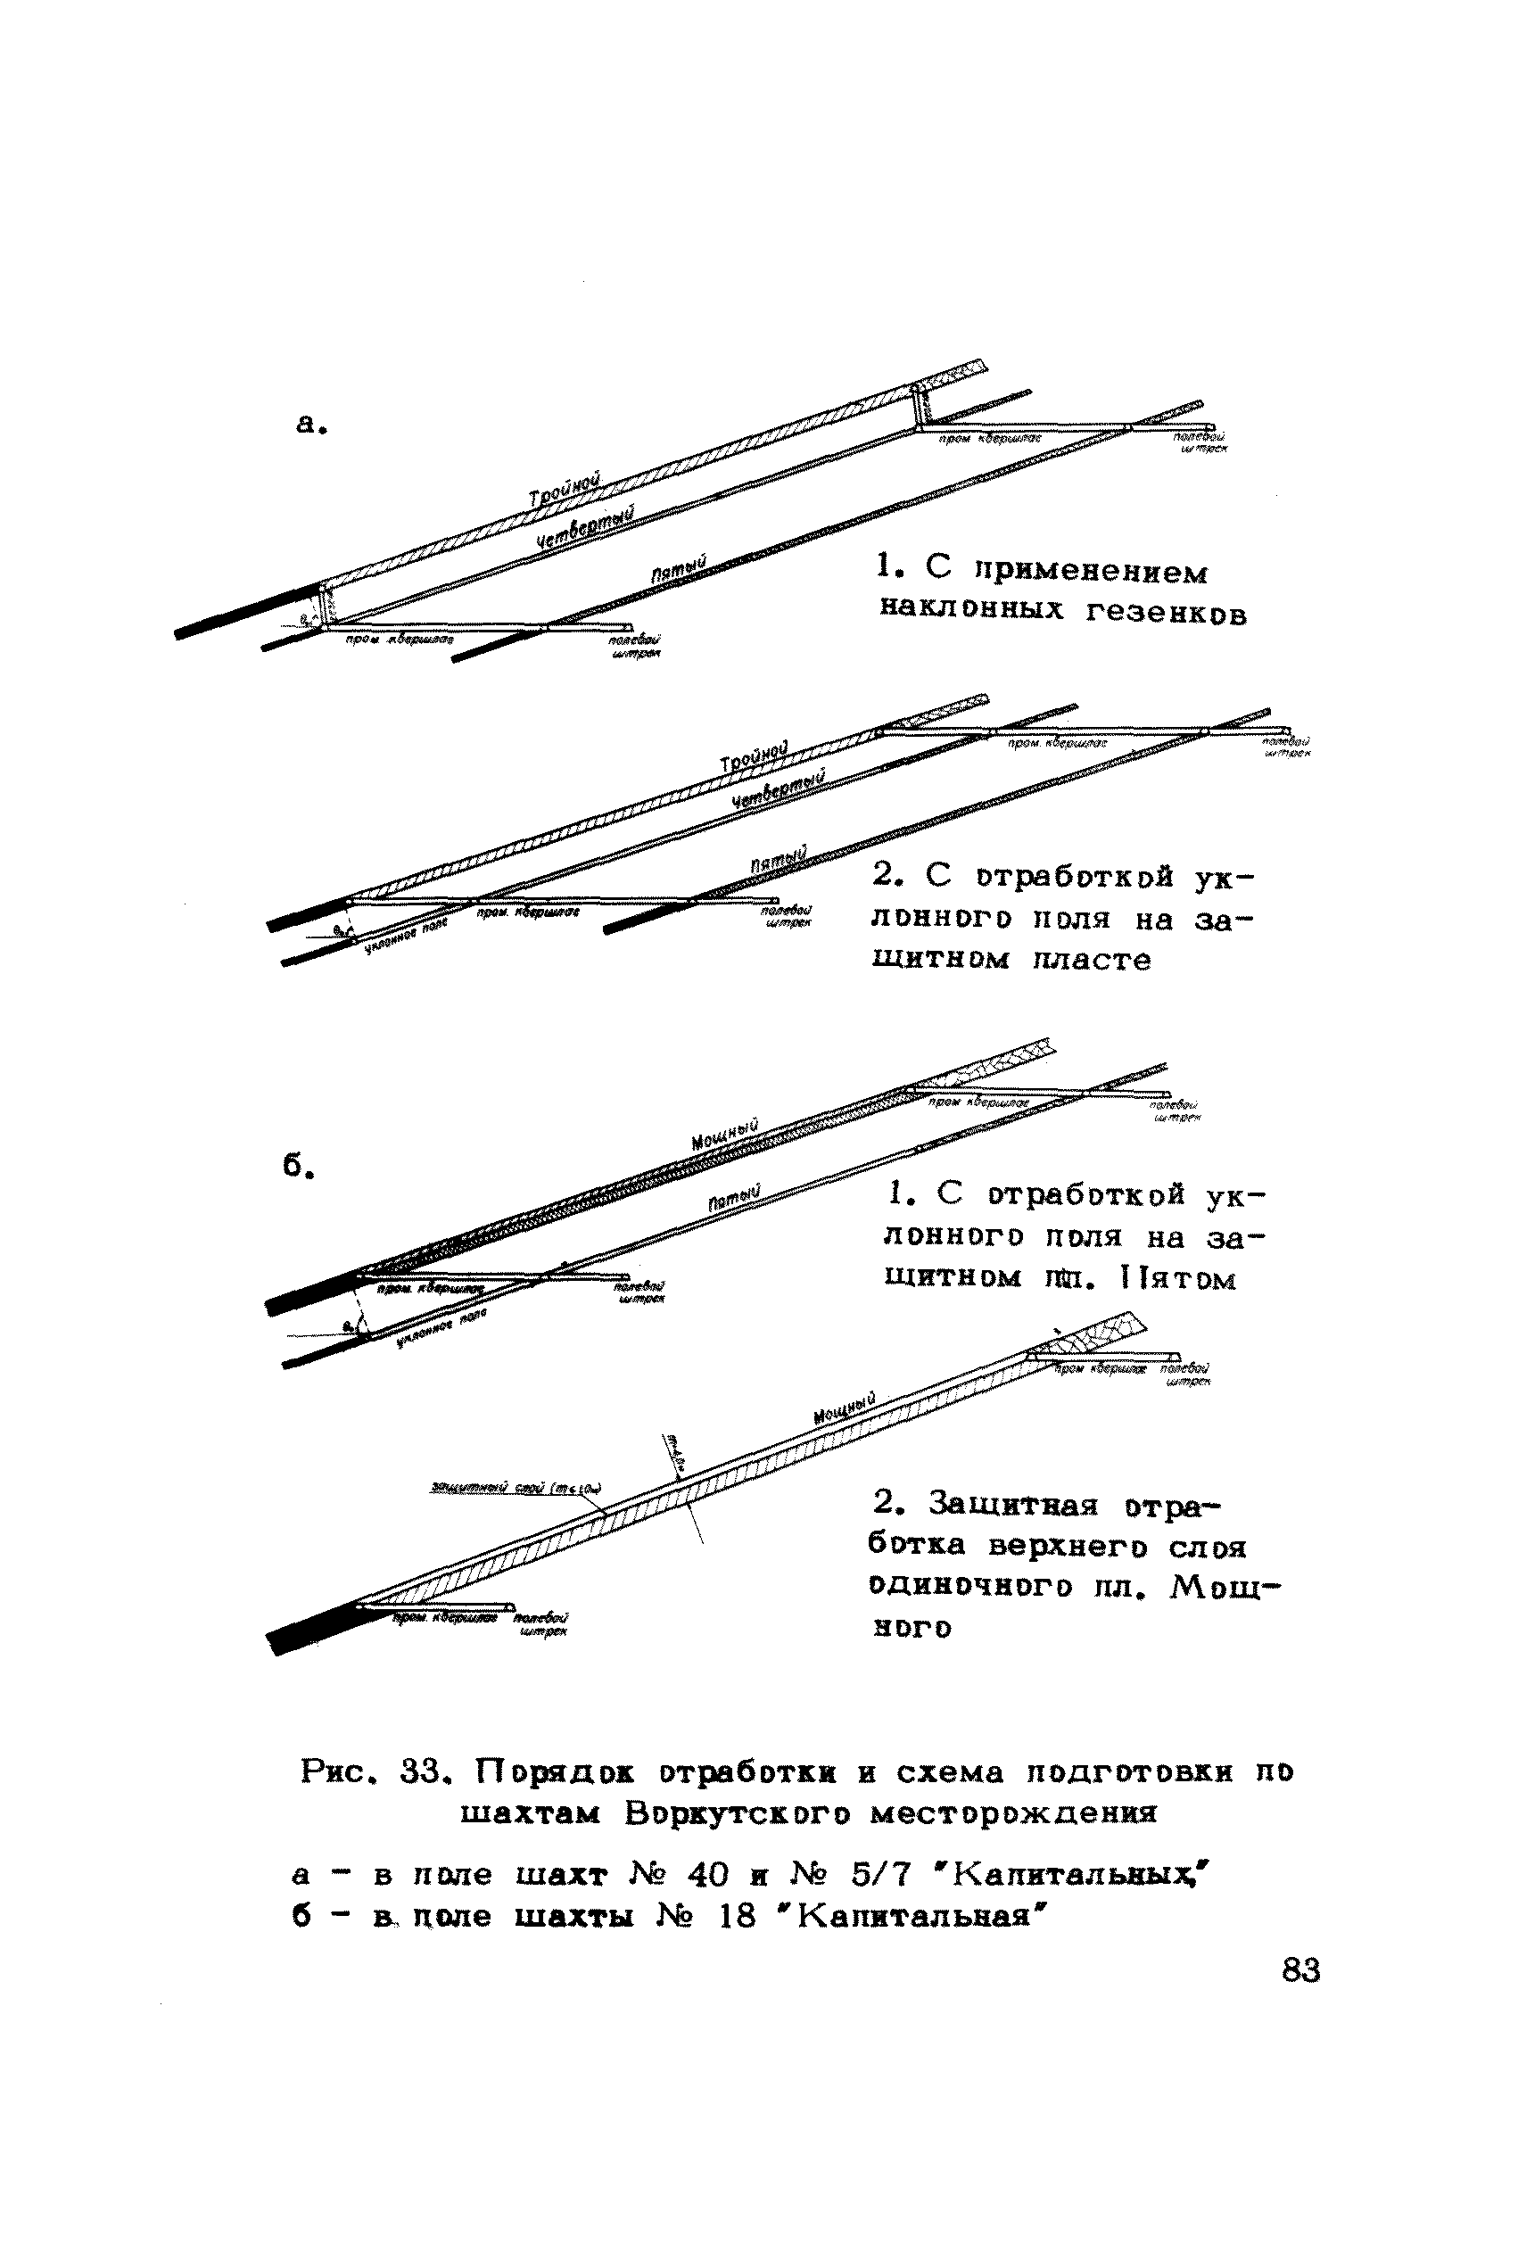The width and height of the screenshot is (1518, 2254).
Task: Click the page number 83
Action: (x=1300, y=1969)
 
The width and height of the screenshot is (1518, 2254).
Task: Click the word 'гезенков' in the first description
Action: (x=1166, y=614)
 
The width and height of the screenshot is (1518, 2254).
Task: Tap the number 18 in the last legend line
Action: (x=738, y=1916)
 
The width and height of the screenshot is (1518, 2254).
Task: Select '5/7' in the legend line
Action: (x=882, y=1876)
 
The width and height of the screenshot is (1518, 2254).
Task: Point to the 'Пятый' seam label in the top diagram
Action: (x=680, y=568)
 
